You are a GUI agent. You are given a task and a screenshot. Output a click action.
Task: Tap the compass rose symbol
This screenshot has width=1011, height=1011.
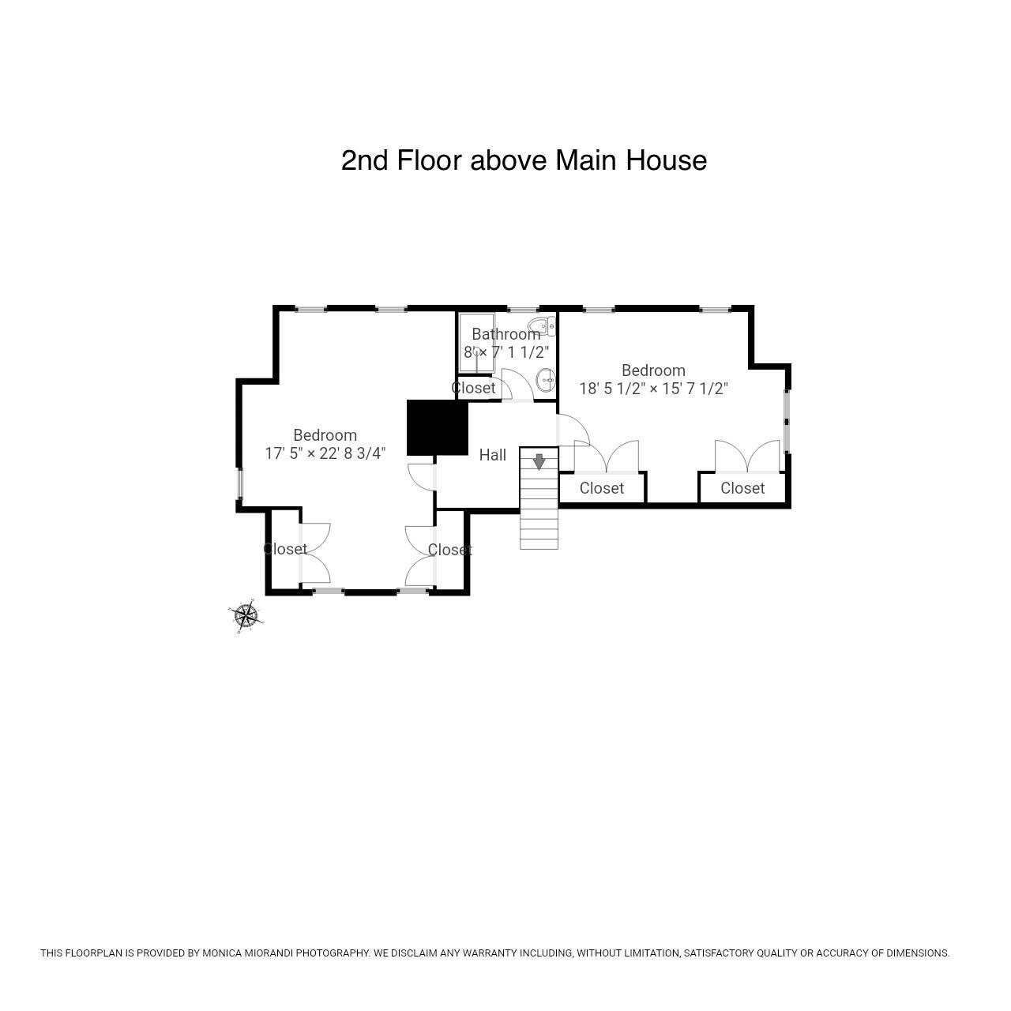point(246,615)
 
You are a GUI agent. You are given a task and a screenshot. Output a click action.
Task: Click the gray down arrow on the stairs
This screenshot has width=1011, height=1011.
point(539,461)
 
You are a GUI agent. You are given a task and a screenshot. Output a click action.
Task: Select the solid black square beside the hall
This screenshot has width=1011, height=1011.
point(437,428)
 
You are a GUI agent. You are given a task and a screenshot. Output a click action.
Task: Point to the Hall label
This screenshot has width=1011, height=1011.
point(492,455)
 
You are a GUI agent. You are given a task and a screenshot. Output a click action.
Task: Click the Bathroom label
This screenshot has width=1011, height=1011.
point(505,334)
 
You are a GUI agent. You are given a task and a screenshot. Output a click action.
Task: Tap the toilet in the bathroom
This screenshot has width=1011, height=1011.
point(543,328)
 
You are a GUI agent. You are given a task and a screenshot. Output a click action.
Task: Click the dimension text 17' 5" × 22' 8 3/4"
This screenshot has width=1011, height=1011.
point(325,453)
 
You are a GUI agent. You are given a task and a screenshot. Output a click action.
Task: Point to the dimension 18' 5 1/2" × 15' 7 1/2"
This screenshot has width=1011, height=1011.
point(653,389)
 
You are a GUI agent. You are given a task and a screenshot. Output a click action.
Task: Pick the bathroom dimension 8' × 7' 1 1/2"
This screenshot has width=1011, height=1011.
point(506,352)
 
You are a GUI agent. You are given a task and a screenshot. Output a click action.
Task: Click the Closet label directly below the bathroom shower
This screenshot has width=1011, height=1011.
point(473,388)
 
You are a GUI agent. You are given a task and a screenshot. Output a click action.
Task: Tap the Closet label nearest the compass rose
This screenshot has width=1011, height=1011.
point(284,548)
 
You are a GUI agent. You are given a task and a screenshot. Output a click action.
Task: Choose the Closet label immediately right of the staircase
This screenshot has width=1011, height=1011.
point(601,488)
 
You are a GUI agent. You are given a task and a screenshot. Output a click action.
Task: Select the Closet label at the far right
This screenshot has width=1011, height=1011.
point(742,488)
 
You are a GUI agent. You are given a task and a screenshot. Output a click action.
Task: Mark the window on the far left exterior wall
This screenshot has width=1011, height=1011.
point(239,484)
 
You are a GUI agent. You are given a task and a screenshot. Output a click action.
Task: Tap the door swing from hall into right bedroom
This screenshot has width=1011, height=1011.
point(573,430)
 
